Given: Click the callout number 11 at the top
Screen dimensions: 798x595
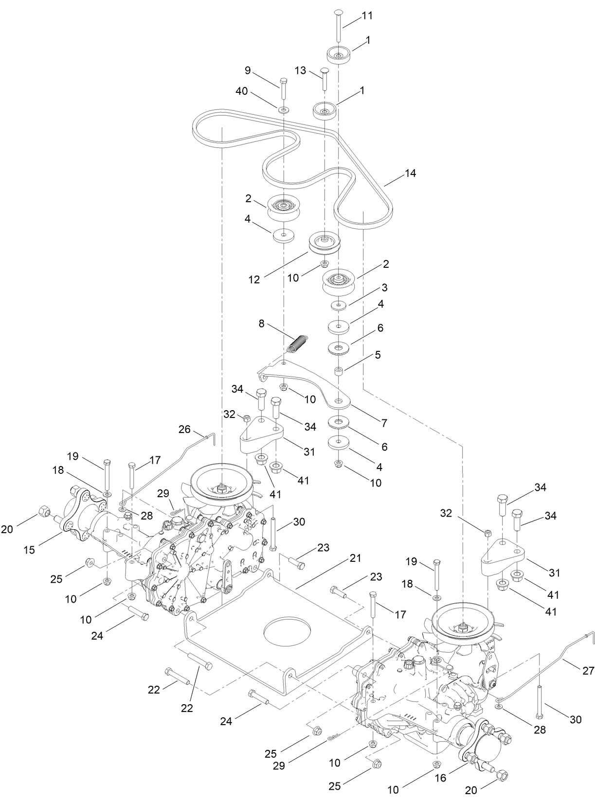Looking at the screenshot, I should coord(367,16).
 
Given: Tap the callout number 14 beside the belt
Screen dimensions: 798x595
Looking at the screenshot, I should coord(410,173).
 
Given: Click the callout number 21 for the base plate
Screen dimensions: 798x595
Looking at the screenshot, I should coord(356,558).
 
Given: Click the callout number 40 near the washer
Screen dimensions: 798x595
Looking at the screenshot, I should coord(242,91).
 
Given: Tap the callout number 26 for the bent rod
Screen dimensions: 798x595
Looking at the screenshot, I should coord(185,429).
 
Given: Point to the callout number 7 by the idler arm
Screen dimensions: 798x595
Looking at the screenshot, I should coord(384,423).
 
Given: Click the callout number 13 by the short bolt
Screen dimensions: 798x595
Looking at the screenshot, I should coord(301,70).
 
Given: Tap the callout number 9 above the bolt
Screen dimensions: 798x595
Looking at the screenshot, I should coord(248,70).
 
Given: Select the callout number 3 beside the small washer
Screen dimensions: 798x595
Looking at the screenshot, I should coord(384,287).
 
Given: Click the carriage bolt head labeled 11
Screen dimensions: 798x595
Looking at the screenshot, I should coord(339,12).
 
